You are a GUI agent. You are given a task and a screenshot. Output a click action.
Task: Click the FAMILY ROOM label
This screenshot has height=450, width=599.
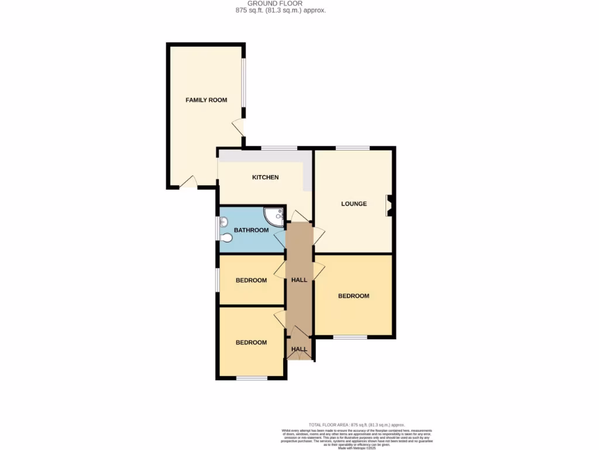(206, 100)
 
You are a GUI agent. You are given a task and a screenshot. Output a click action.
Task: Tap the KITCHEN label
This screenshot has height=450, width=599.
(265, 178)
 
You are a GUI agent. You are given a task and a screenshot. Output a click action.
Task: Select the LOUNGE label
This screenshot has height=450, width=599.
(354, 204)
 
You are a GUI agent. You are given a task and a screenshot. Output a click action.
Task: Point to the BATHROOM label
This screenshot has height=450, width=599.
(251, 230)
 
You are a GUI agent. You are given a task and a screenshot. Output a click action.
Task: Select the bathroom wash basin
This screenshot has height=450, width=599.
(223, 222)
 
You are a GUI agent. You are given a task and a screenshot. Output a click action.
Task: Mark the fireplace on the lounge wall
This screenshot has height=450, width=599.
(388, 206)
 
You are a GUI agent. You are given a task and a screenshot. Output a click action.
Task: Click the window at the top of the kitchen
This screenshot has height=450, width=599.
(278, 148)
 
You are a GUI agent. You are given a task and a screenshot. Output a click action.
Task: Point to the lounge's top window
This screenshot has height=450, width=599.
(352, 148)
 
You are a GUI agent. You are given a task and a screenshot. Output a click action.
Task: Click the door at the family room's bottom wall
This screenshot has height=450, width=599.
(188, 183)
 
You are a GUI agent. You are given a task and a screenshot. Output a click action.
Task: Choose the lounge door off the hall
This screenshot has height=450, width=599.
(319, 234)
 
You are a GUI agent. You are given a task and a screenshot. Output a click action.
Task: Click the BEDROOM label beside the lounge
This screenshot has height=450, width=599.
(353, 296)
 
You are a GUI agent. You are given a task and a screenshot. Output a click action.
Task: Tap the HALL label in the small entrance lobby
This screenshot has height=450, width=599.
(299, 349)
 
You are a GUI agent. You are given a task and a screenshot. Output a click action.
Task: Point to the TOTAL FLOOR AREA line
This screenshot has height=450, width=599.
(356, 425)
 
